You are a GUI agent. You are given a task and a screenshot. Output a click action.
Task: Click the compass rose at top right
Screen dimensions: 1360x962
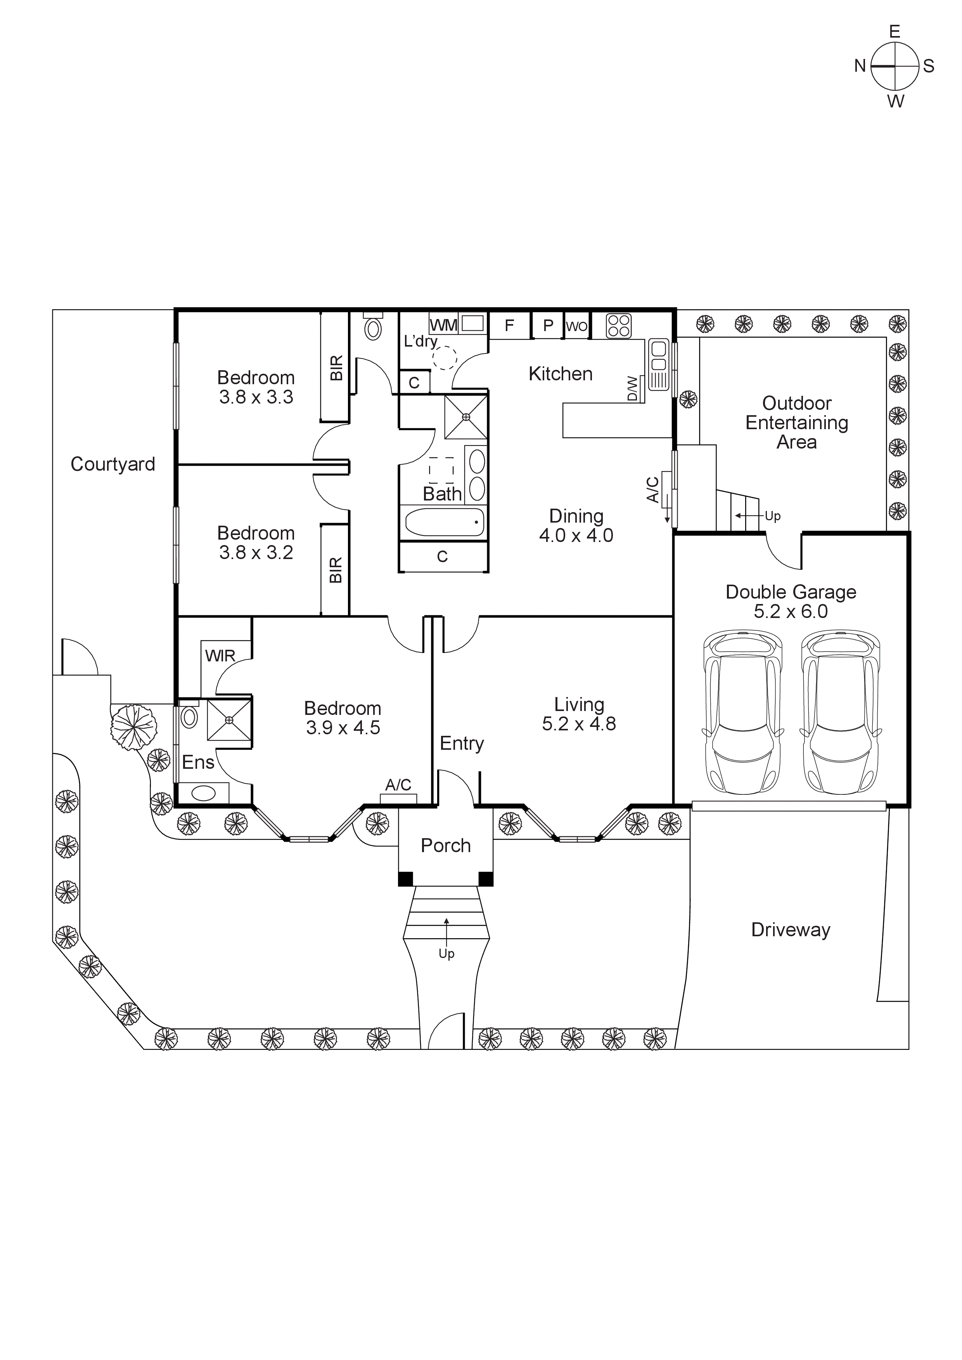[895, 66]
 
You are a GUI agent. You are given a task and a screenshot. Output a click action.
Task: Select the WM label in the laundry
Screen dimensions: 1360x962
[443, 325]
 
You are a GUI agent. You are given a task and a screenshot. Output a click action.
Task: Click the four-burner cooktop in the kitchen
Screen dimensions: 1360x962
[618, 326]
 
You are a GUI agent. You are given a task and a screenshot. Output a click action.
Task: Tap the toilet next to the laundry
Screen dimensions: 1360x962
[373, 328]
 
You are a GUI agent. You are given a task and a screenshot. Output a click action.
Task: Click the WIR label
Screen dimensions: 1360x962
[220, 656]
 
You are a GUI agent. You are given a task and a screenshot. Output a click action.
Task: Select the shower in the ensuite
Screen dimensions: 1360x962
[229, 720]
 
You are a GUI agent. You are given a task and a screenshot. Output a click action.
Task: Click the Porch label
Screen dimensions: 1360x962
[446, 845]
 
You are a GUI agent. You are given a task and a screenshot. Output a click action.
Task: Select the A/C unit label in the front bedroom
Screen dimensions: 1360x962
[398, 785]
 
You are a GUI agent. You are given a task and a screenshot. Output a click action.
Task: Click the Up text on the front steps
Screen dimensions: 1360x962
[446, 954]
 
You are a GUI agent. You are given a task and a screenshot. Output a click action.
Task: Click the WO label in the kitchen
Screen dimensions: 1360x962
[576, 326]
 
